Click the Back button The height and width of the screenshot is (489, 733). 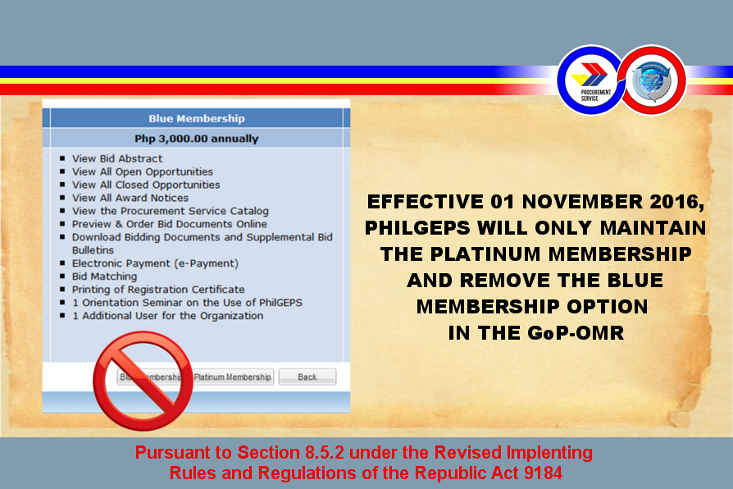(307, 377)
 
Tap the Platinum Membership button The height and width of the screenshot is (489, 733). (232, 377)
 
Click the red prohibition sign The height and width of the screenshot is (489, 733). (143, 381)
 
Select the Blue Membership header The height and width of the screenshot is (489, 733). (196, 118)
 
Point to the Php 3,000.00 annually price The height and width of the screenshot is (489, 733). (196, 139)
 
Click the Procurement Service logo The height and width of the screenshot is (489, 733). (591, 80)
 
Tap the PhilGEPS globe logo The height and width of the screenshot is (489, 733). (653, 80)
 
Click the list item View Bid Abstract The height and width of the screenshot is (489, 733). (117, 158)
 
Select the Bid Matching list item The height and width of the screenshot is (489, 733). (104, 276)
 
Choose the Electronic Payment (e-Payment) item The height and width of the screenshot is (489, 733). (155, 263)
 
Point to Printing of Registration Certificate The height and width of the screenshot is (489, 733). (158, 290)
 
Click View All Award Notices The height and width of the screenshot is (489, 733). (130, 198)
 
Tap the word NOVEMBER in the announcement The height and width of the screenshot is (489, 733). (582, 202)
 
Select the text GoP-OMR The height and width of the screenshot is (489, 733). (576, 333)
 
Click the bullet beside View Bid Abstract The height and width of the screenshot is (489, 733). (62, 158)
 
